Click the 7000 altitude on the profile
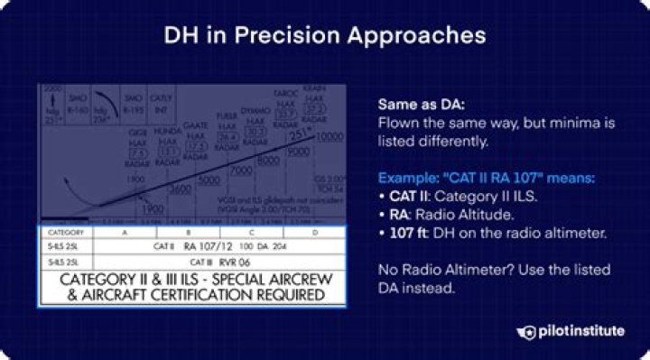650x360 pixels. [x=239, y=171]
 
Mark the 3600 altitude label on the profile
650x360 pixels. [x=179, y=190]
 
